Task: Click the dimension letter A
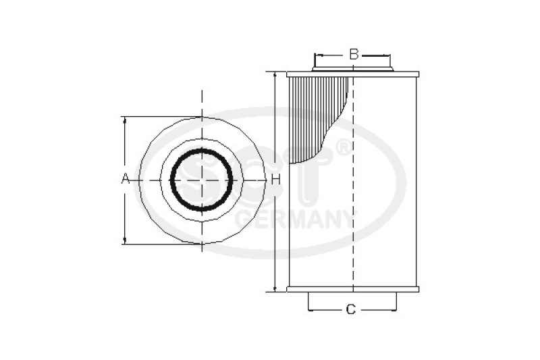pos(124,179)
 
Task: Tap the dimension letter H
pos(275,180)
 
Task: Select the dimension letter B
pos(353,54)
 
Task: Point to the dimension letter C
pos(350,309)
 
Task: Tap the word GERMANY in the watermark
pos(296,220)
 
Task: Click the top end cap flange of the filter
pos(352,74)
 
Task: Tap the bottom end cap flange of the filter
pos(352,289)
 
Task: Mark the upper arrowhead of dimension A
pos(124,120)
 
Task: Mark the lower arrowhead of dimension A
pos(124,240)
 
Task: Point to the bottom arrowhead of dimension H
pos(275,288)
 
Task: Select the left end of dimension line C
pos(308,310)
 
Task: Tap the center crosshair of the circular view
pos(202,180)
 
